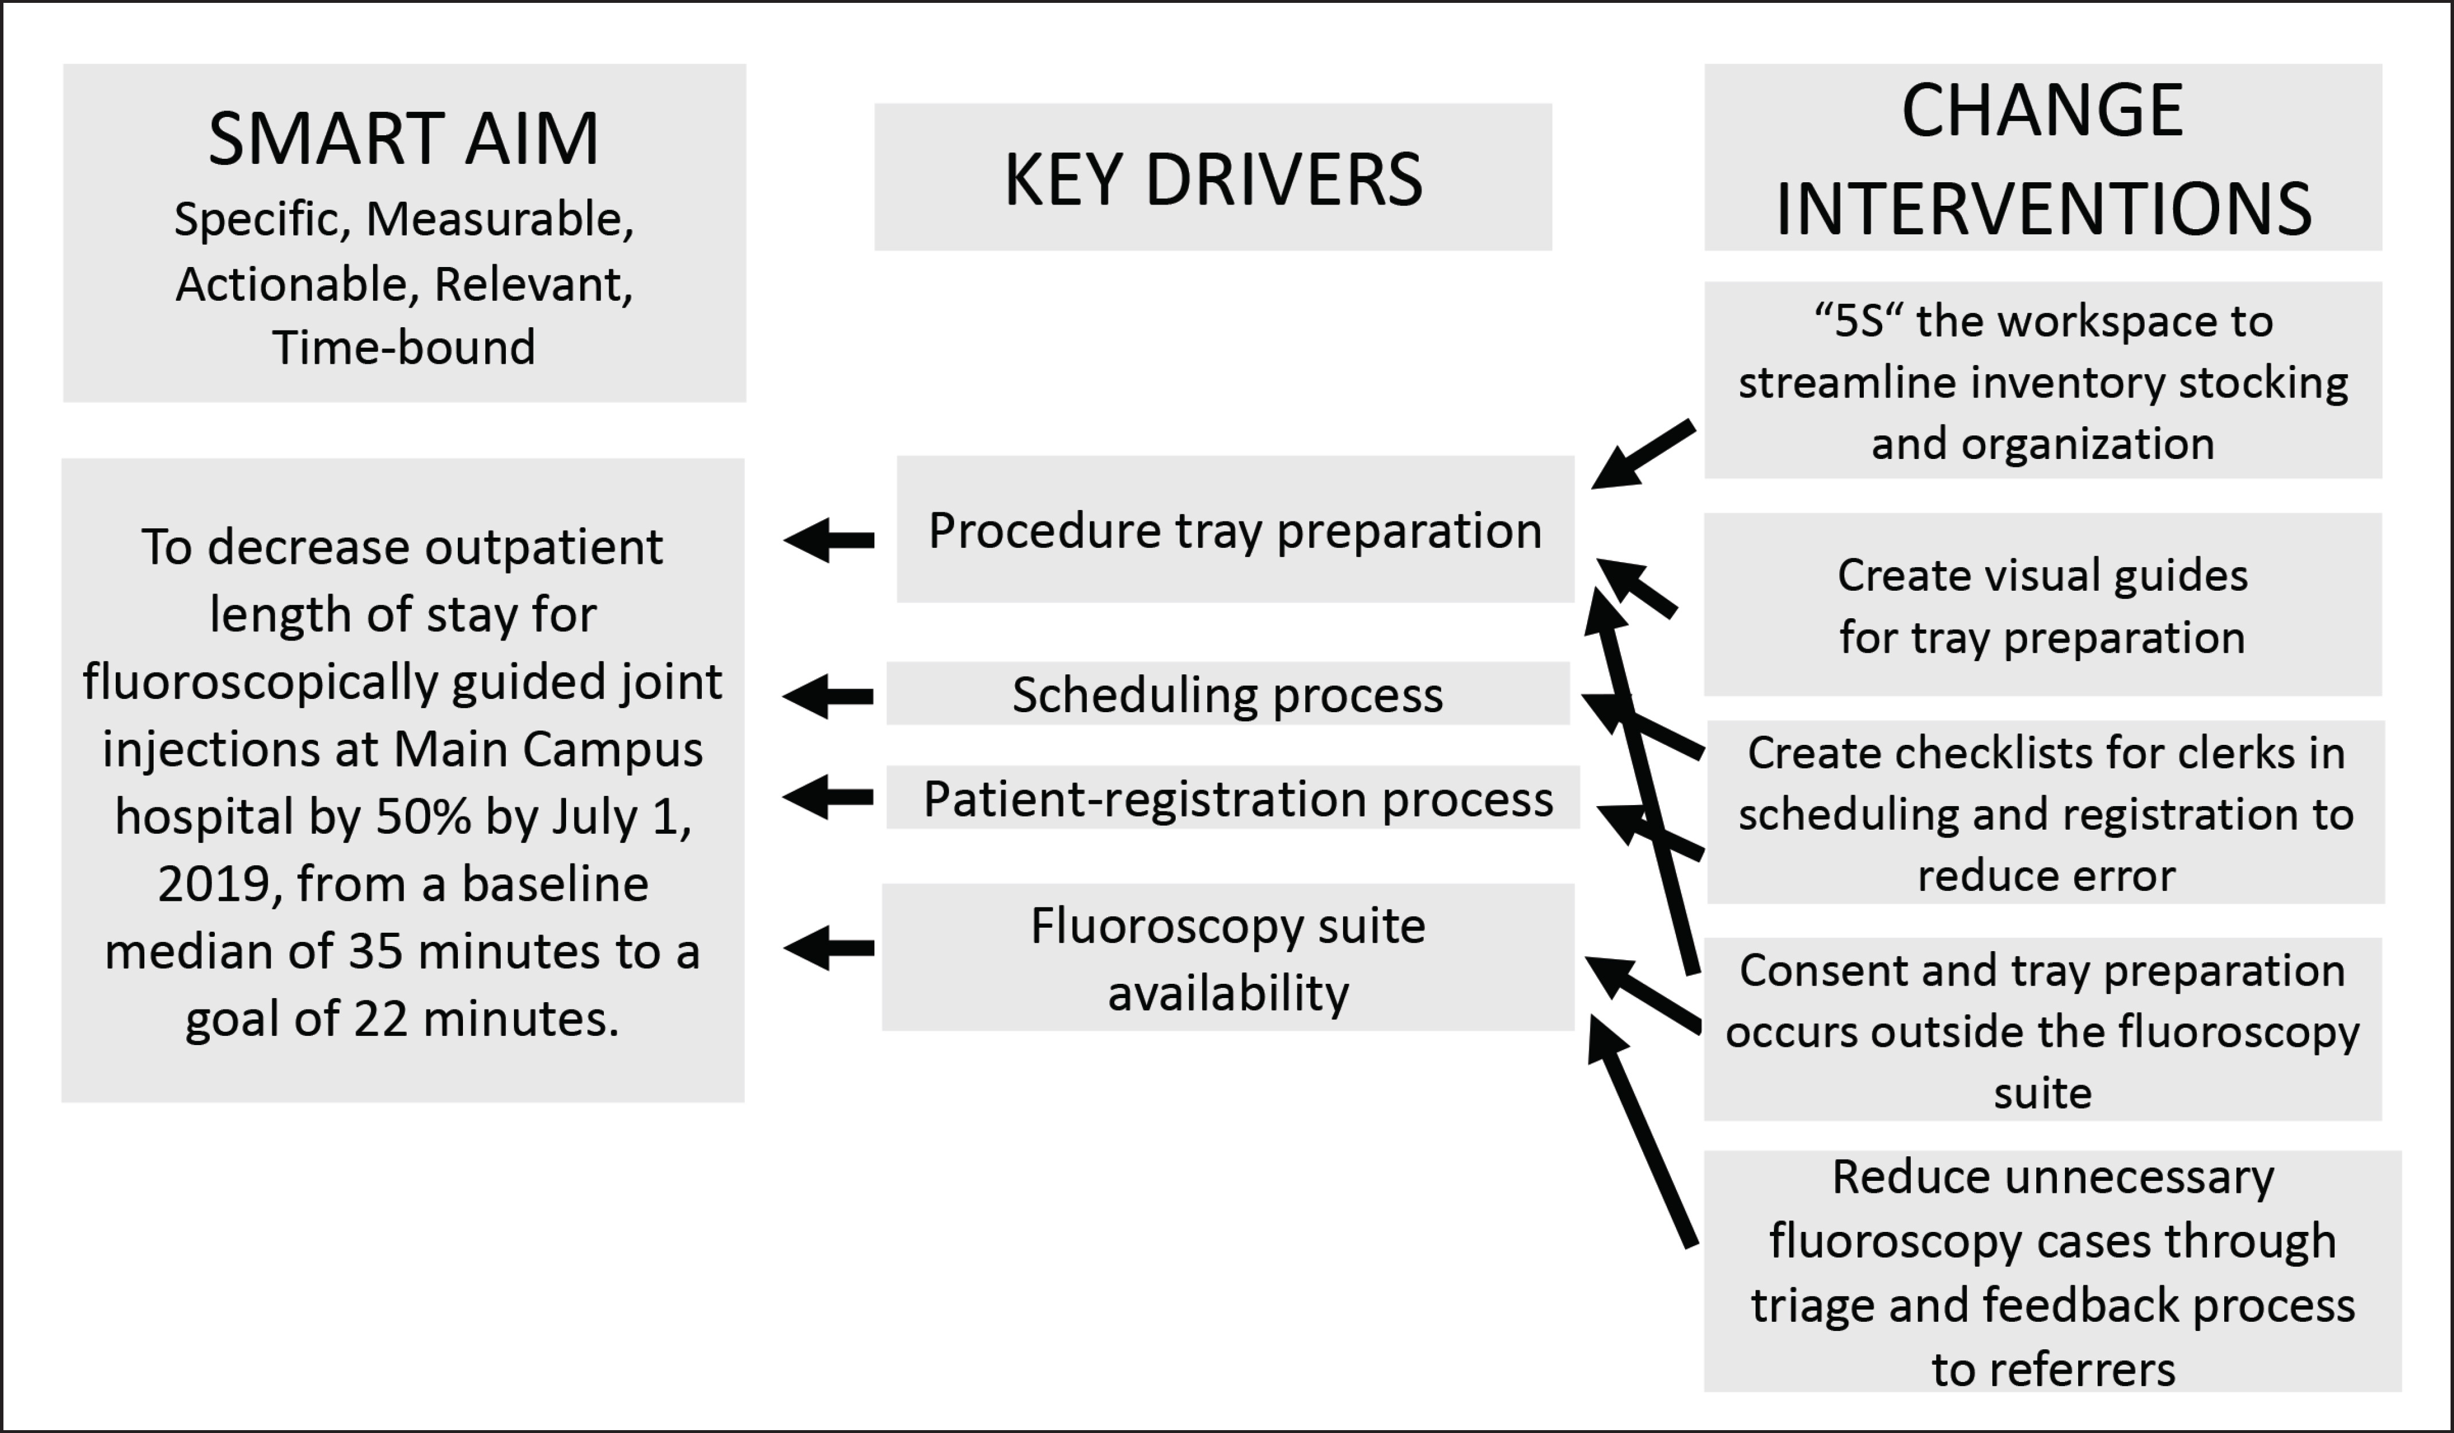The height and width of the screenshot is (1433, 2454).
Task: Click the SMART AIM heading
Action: click(x=403, y=139)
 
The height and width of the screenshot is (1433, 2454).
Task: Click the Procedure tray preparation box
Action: click(x=1235, y=529)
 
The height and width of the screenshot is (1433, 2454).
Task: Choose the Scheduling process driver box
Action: click(x=1227, y=693)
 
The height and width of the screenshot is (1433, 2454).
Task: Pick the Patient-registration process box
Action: click(x=1232, y=798)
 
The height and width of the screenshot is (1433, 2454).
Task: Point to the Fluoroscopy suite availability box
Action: click(x=1228, y=957)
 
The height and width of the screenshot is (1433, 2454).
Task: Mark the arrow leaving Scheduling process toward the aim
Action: click(x=828, y=696)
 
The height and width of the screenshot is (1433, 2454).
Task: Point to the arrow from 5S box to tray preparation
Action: click(x=1643, y=454)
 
